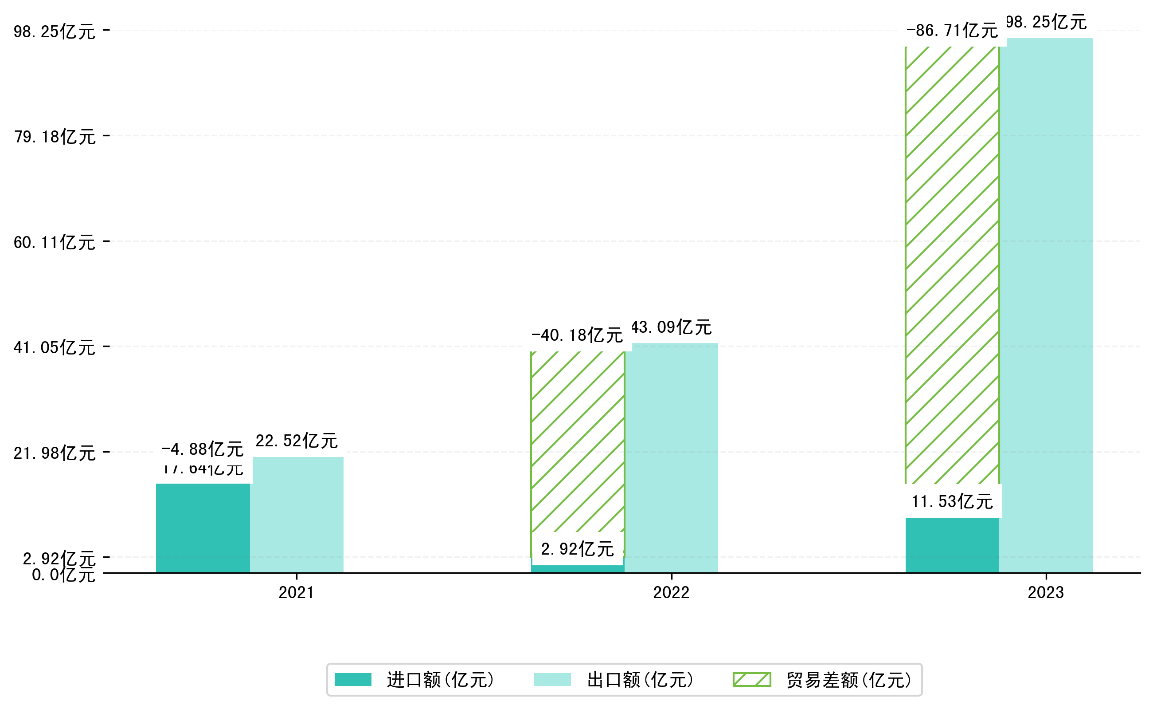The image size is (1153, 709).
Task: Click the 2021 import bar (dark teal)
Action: pos(203,528)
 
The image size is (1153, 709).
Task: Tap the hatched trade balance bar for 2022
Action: pos(578,441)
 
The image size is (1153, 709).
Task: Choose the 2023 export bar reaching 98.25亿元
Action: pos(1046,305)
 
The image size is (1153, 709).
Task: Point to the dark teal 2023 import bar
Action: pos(952,545)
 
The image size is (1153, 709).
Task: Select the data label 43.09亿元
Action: pos(672,327)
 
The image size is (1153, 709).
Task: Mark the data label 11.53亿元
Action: pos(952,502)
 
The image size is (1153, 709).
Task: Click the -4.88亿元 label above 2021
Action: pos(203,449)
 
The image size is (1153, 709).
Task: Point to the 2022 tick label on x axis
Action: pos(672,593)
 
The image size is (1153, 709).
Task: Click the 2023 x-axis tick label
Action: pos(1046,593)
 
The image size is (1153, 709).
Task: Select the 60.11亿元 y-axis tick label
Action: pos(55,243)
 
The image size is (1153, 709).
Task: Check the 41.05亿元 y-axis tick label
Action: pos(55,348)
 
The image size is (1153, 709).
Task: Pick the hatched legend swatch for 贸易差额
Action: pos(751,679)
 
